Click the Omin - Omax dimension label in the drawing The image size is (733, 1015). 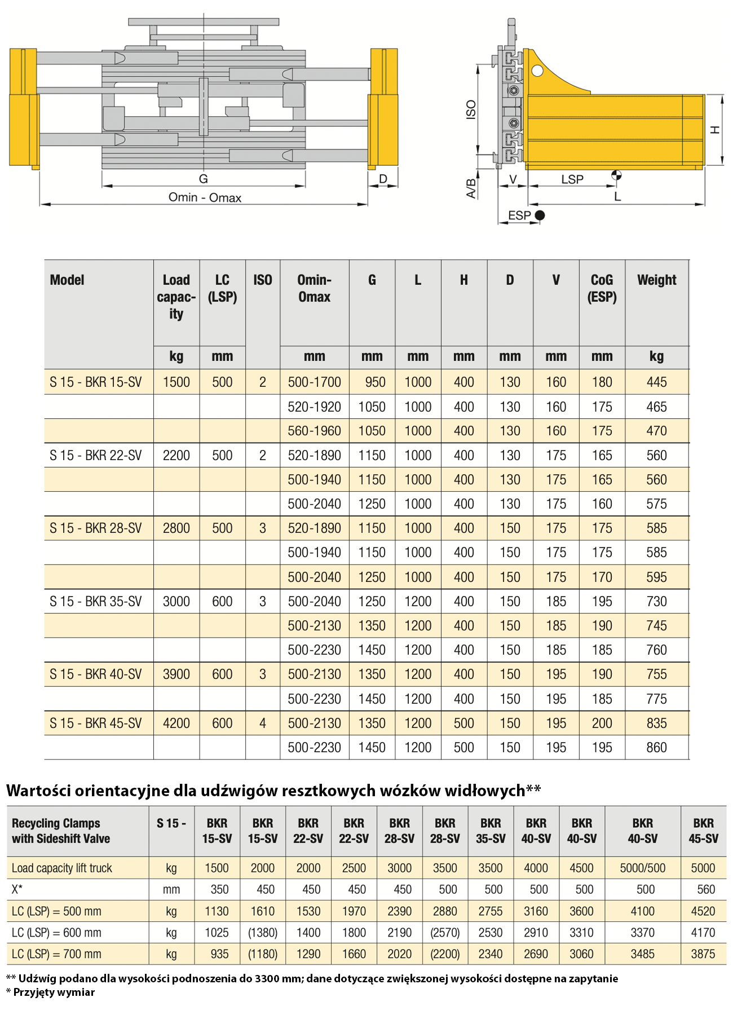(205, 198)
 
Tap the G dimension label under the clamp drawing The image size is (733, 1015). (204, 179)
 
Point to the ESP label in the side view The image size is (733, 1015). (519, 215)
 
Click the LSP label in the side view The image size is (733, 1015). (572, 179)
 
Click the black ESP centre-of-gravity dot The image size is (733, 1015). (540, 215)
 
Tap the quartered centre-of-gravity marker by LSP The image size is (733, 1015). (617, 175)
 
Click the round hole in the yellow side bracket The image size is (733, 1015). (537, 71)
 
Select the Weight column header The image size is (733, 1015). (656, 280)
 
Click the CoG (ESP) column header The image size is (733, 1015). (602, 288)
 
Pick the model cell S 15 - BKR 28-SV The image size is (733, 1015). (96, 528)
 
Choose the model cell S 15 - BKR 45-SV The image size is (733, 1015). (96, 723)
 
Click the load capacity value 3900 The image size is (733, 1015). (176, 674)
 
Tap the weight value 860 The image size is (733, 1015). (656, 748)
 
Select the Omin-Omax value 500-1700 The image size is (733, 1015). (314, 382)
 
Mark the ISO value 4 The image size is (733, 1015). (263, 723)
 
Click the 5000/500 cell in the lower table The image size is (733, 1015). (642, 868)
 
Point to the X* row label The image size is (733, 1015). (17, 890)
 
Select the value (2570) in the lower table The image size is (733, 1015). (445, 933)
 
